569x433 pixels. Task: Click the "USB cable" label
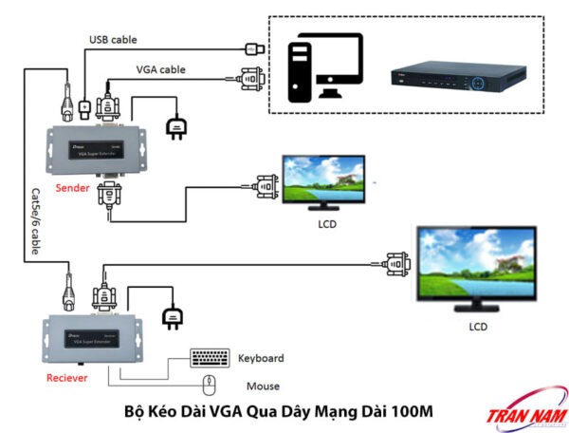113,40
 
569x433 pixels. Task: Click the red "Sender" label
72,188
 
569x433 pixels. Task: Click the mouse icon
211,386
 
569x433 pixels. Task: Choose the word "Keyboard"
261,358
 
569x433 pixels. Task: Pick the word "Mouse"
263,386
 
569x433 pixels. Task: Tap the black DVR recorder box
459,78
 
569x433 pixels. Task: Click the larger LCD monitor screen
477,266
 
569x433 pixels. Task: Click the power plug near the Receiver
172,312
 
